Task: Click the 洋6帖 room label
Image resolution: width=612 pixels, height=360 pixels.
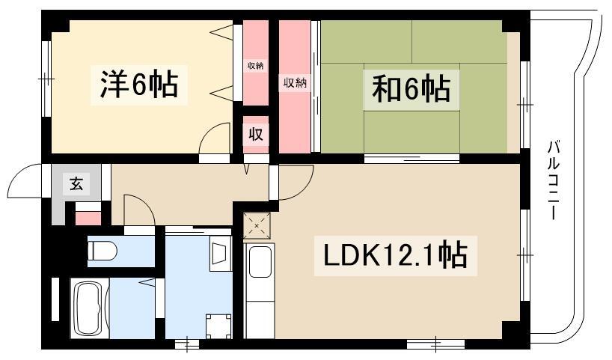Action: click(139, 84)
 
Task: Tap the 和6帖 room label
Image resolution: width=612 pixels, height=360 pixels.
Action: click(411, 88)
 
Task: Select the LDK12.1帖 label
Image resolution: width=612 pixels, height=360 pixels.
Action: click(395, 255)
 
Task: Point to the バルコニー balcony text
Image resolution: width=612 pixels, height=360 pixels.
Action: click(553, 180)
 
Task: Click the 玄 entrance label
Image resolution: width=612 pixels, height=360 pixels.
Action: click(76, 183)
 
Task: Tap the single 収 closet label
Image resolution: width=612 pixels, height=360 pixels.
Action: click(256, 134)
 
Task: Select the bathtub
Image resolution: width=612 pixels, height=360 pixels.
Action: click(89, 308)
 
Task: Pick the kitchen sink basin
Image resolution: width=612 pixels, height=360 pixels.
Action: click(260, 262)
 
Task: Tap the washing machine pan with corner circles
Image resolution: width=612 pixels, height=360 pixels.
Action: click(218, 326)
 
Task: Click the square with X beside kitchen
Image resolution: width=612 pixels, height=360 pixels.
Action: click(257, 226)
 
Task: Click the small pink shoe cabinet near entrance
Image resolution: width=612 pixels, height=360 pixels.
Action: click(88, 219)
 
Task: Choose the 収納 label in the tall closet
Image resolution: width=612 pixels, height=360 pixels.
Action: click(295, 83)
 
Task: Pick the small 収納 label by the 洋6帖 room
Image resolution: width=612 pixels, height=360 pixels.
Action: click(256, 66)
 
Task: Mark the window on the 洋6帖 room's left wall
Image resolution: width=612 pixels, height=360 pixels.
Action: click(46, 79)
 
